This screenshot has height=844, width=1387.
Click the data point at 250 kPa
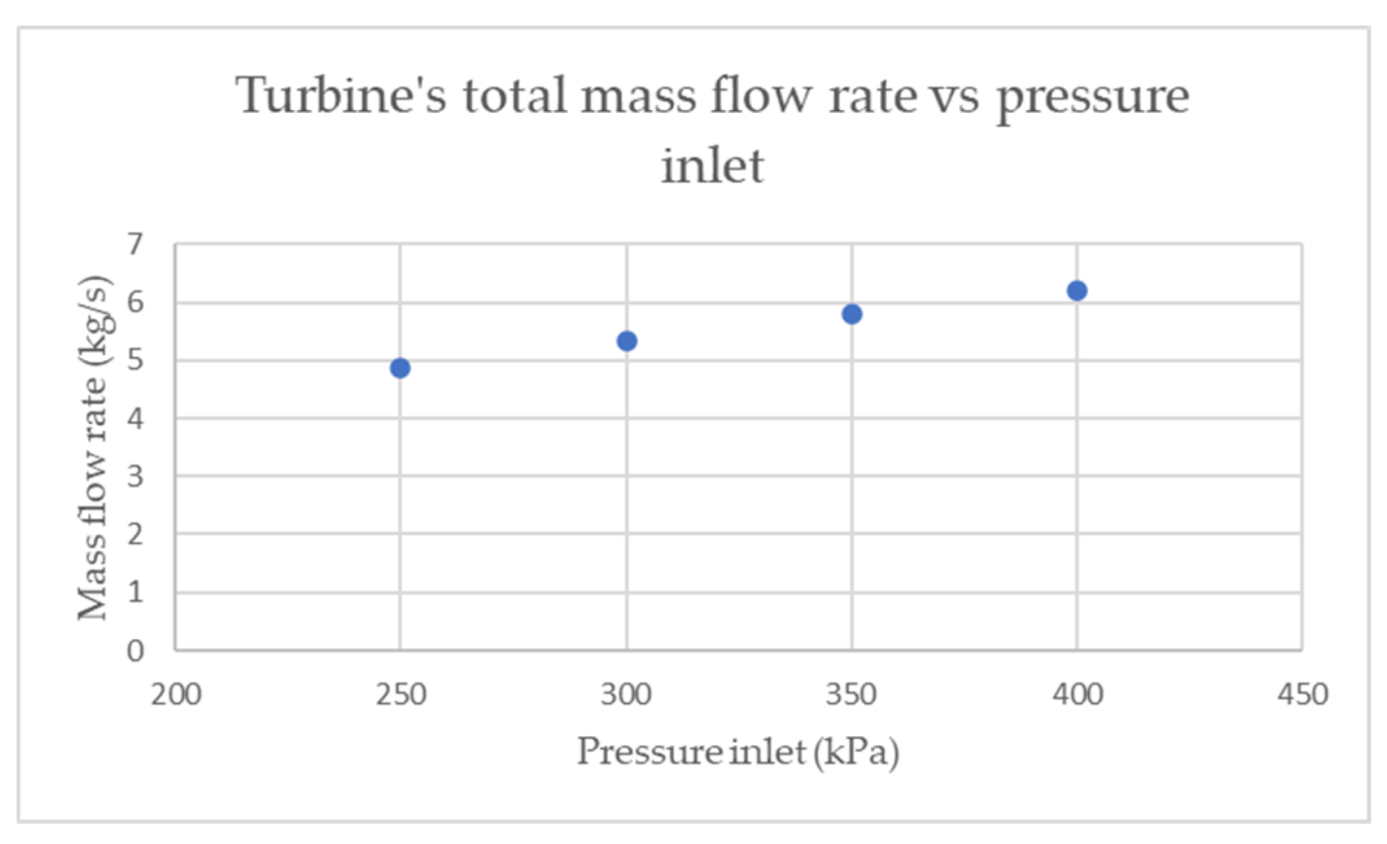point(400,368)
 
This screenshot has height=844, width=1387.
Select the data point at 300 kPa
point(627,341)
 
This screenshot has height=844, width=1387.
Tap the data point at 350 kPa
point(852,314)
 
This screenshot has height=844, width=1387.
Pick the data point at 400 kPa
point(1077,291)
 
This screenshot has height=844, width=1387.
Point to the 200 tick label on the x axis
point(176,694)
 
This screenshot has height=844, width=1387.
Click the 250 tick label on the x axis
point(400,694)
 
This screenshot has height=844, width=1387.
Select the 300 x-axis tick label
point(626,694)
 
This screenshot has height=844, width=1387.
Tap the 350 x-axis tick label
point(852,694)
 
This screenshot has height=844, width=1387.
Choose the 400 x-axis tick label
point(1077,694)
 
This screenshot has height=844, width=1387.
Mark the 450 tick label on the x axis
point(1302,694)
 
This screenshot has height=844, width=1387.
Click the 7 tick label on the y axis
point(135,244)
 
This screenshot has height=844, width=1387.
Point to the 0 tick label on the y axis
point(135,651)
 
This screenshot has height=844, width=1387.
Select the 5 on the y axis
point(135,361)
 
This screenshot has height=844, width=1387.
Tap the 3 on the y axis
point(135,477)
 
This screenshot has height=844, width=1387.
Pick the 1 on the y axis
point(135,593)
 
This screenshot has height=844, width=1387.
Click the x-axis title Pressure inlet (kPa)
point(738,752)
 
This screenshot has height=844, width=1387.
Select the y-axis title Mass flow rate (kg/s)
point(94,447)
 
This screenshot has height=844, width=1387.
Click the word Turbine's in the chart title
point(341,96)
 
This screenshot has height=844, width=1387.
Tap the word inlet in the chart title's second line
point(712,165)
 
